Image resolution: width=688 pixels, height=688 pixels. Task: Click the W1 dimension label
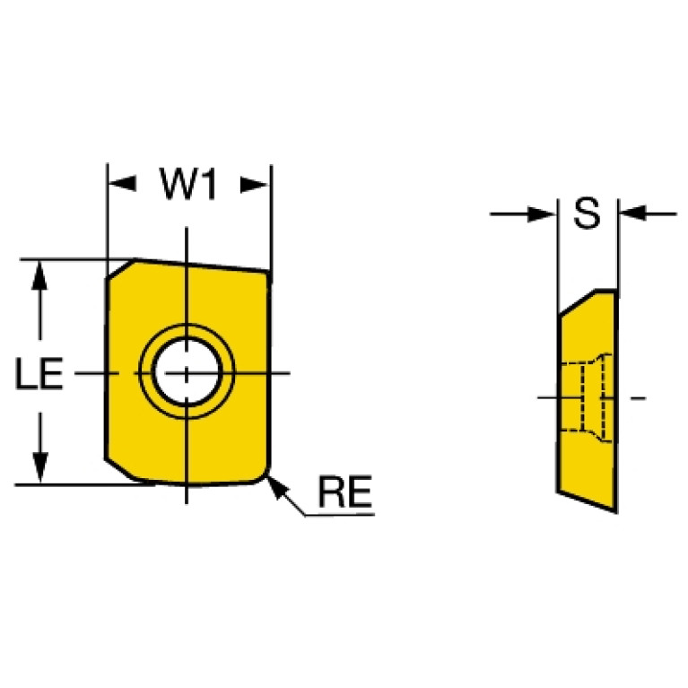pos(188,184)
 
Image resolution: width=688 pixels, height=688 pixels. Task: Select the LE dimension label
pos(39,373)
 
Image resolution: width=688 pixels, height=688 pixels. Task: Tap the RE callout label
pos(345,492)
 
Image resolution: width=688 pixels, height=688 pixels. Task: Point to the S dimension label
pos(587,213)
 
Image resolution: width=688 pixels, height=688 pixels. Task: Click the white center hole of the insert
pos(187,371)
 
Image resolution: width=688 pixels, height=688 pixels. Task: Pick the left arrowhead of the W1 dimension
pos(122,184)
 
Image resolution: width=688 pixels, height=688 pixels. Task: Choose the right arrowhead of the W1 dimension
pos(254,185)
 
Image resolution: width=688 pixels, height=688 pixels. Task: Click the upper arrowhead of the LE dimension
pos(39,275)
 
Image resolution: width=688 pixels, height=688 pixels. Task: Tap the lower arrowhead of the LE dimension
pos(40,468)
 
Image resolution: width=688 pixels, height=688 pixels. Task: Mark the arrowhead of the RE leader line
pos(276,486)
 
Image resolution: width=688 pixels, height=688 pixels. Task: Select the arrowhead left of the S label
pos(542,214)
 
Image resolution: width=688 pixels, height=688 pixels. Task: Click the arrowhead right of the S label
pos(632,213)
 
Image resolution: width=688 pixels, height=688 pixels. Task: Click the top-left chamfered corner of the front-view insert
pos(120,269)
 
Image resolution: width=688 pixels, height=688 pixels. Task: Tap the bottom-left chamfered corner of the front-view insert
pos(123,469)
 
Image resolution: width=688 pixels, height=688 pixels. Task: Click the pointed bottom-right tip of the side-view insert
pos(616,511)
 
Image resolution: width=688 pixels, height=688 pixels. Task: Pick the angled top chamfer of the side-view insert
pos(578,303)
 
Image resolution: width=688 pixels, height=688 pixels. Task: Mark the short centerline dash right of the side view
pos(639,398)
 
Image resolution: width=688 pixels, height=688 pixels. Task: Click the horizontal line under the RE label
pos(340,515)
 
